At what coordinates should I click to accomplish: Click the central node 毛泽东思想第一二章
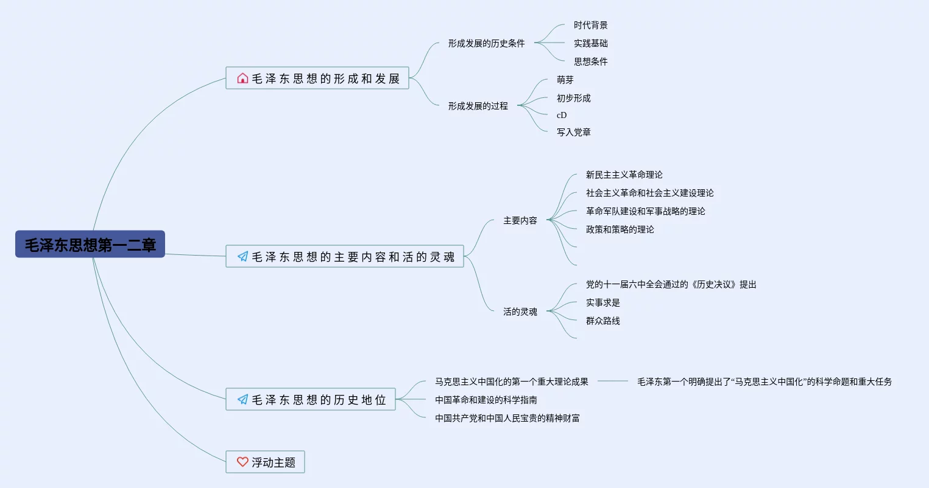90,244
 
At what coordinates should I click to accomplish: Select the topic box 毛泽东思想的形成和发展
317,78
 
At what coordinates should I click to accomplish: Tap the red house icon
242,78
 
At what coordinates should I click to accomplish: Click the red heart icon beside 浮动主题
242,462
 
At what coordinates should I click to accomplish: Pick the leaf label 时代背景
590,25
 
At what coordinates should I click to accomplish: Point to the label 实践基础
590,43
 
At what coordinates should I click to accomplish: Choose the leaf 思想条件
590,61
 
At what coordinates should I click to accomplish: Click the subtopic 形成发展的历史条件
486,43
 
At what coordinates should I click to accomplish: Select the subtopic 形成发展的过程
478,106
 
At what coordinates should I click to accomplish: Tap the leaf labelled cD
562,115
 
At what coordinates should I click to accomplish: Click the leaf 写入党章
573,132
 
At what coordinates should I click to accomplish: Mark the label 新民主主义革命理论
624,175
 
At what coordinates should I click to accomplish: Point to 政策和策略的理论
620,229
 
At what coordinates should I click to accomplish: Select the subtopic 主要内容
520,220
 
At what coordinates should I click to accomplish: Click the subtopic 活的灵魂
520,312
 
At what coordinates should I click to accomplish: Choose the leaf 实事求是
602,302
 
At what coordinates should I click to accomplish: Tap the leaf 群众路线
602,321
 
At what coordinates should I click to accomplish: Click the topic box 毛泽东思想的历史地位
311,399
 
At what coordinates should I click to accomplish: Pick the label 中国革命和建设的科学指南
486,400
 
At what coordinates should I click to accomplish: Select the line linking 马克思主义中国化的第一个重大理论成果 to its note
612,381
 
